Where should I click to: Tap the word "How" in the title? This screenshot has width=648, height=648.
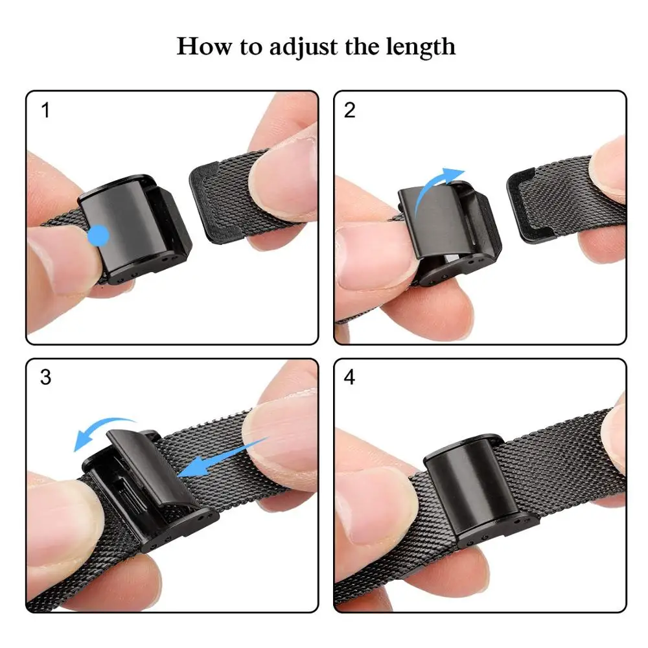(200, 47)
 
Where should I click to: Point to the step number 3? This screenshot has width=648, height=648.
(45, 377)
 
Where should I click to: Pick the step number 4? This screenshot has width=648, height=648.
(350, 377)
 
